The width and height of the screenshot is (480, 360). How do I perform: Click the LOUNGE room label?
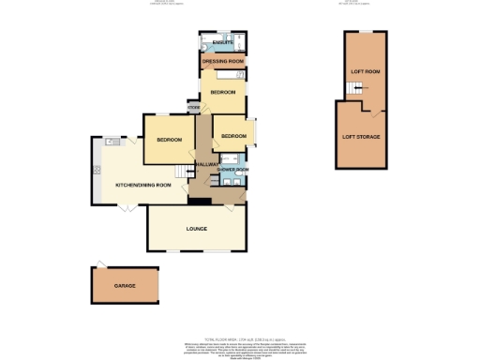point(197,229)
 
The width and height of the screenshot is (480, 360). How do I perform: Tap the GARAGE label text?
point(125,285)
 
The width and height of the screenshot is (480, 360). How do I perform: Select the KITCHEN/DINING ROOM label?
point(143,186)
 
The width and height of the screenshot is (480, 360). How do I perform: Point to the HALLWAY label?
point(206,165)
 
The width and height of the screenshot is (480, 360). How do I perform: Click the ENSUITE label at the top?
point(223,43)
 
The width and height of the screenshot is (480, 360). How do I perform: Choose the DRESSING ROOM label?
point(223,62)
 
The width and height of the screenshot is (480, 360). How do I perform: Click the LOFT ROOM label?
point(364,71)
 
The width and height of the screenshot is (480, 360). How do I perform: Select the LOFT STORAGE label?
point(361,137)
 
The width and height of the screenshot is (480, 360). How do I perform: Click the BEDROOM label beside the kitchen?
point(168,140)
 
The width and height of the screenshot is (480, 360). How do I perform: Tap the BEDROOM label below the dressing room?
point(223,93)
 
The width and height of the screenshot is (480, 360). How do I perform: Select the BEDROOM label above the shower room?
point(232,137)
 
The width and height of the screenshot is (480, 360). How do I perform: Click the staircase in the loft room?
point(354,89)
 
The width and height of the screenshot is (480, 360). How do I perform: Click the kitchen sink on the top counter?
point(112,142)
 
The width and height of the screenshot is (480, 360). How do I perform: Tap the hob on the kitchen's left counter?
point(96,170)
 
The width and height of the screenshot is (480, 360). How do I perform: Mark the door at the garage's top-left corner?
point(98,263)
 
